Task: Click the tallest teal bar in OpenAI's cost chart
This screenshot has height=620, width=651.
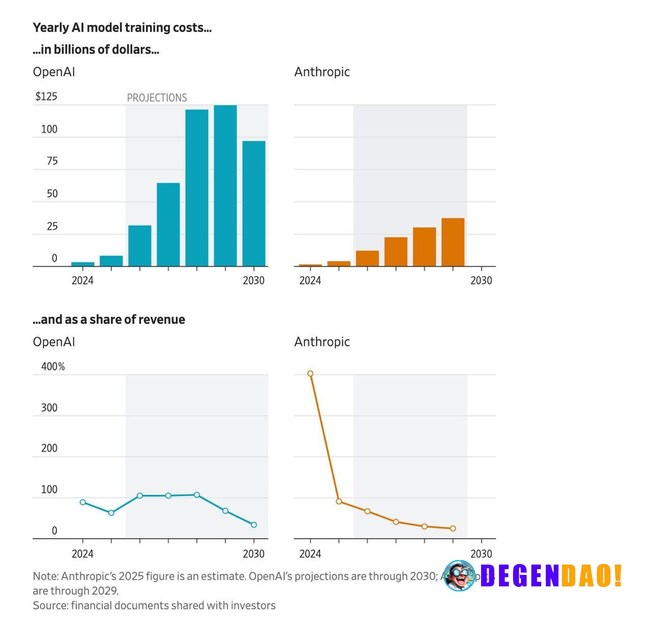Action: coord(225,186)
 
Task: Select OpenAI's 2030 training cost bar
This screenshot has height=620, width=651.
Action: coord(254,203)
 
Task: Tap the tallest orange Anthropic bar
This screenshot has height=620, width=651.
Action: coord(453,242)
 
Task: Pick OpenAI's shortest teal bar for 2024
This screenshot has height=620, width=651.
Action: coord(82,264)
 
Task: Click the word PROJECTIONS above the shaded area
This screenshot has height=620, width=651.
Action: coord(157,98)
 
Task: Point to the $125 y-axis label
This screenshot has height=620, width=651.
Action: coord(46,97)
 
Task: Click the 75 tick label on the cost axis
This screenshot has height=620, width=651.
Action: coord(52,161)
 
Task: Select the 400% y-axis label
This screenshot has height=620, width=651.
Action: coord(53,367)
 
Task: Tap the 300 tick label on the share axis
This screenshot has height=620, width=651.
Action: coord(49,408)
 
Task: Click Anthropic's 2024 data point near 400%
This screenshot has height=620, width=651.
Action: coord(310,374)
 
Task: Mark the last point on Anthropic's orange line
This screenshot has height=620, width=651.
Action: coord(453,528)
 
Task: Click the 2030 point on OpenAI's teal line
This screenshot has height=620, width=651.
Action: coord(254,525)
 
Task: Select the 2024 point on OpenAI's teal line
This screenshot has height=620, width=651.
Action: coord(83,502)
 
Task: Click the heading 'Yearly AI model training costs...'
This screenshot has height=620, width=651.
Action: coord(122,28)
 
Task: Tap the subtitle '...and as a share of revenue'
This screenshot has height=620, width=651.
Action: coord(109,319)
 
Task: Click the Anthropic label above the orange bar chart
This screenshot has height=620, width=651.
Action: coord(322,72)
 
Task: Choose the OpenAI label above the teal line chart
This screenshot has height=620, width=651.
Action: coord(54,342)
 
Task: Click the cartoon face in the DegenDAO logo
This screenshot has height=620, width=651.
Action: coord(459,576)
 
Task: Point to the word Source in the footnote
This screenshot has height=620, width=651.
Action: coord(49,605)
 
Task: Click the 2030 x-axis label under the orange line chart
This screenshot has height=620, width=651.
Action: coord(481,554)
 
